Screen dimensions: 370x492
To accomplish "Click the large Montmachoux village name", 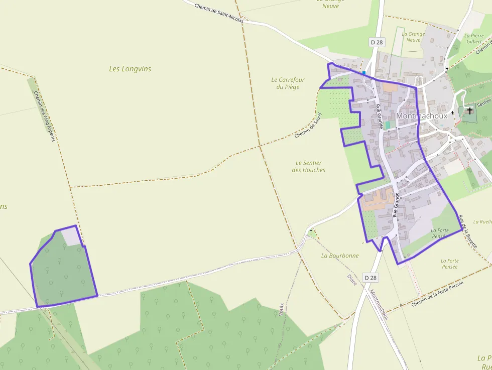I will tap(421, 116).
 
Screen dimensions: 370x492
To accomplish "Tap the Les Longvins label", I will tap(130, 69).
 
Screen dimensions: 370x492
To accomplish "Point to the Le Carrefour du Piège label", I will tap(288, 83).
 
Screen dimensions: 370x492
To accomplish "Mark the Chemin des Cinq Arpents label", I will tap(43, 115).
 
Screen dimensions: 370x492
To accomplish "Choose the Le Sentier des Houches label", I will tap(308, 166).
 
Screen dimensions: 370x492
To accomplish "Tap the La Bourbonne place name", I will tap(340, 256).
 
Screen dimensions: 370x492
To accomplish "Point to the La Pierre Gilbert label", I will tap(474, 39).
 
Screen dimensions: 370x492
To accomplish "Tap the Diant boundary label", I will tap(352, 280).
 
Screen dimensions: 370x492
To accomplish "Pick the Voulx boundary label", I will tap(281, 309).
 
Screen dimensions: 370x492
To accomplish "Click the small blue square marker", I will tap(364, 73).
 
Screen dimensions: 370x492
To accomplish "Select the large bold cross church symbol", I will tap(470, 110).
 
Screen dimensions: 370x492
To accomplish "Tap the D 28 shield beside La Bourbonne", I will tap(370, 278).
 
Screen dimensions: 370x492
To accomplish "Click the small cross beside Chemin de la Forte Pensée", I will tap(419, 294).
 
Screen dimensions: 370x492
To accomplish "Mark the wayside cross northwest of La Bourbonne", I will tap(311, 231).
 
